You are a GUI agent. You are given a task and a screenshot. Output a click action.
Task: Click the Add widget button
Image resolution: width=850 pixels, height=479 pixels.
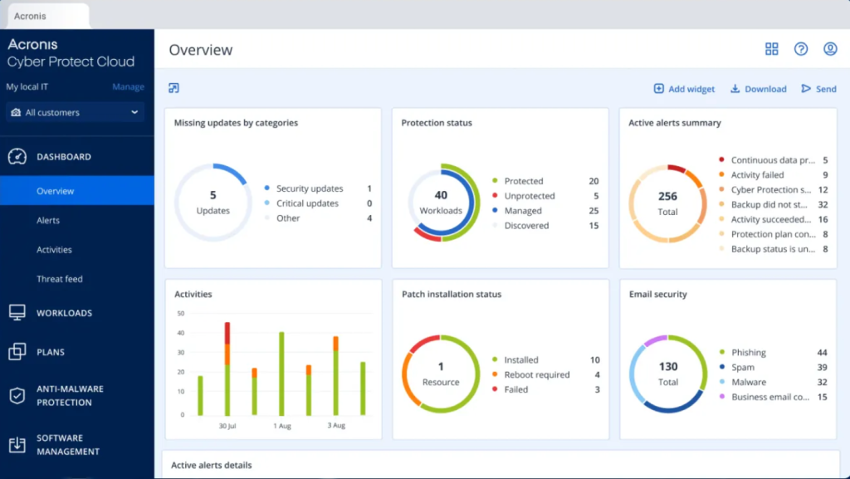point(684,89)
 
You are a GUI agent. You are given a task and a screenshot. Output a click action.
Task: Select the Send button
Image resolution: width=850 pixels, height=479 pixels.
point(818,89)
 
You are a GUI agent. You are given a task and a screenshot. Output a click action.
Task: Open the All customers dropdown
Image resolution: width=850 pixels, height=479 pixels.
point(76,112)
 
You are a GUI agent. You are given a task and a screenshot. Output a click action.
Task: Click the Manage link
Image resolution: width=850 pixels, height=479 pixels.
point(128,87)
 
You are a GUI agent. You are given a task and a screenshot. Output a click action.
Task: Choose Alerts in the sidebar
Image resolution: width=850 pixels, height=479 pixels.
point(48,221)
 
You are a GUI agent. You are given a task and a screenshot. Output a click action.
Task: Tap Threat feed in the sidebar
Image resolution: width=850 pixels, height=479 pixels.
point(60,279)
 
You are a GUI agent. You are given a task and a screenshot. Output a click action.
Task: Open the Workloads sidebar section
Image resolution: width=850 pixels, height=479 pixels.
point(64,313)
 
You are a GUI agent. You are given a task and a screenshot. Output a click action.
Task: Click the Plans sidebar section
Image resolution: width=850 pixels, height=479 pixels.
point(51,352)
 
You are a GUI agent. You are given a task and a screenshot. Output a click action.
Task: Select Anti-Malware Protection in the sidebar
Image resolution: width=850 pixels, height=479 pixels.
point(70,395)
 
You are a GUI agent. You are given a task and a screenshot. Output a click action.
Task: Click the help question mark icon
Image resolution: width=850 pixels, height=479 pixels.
point(801,49)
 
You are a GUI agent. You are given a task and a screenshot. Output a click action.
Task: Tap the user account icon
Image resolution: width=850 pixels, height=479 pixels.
point(830,49)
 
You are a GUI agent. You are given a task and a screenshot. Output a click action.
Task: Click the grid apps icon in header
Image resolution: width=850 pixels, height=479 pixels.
point(772,49)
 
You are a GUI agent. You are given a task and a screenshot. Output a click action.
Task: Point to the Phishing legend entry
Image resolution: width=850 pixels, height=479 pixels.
point(748,353)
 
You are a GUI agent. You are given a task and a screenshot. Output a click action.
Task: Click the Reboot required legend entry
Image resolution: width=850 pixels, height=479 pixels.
point(536,375)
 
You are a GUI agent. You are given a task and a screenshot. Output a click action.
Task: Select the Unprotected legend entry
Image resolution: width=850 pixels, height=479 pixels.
point(528,196)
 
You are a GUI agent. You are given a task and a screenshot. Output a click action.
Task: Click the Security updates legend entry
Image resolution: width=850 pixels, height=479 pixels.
point(309,188)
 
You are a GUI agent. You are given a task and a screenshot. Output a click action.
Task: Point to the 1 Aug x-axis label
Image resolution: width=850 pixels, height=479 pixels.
point(281,426)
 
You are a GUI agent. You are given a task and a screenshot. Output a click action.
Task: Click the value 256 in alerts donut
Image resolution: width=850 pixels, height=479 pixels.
point(667,197)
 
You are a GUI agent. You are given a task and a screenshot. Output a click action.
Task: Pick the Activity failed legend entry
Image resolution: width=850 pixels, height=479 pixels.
point(757,175)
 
